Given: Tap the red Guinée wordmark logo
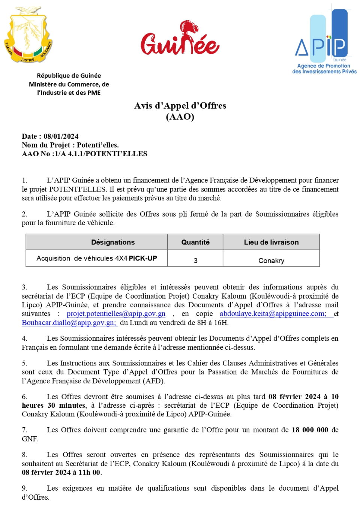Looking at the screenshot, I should point(180,39).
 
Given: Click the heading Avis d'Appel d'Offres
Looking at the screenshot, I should point(180,106).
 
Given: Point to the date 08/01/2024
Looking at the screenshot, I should point(61,136).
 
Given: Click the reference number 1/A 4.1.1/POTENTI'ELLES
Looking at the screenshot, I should point(101,154).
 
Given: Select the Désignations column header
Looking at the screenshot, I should point(113,242).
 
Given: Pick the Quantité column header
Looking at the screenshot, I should point(195,242).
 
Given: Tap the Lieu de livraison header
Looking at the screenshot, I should point(271,242).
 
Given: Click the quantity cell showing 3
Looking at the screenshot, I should point(195,260).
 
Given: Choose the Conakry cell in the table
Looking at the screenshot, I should point(271,260).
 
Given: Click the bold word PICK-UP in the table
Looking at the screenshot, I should point(143,258).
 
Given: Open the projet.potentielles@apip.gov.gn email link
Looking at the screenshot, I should point(116,314).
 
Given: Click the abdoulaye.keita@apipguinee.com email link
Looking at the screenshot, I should point(273,314).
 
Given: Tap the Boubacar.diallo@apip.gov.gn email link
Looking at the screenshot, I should point(69,323).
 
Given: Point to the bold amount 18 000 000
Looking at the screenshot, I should point(310,430).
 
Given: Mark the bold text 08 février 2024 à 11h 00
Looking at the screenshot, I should point(61,472).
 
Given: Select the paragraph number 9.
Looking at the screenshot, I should point(24,488).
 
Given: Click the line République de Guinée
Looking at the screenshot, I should point(69,76).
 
